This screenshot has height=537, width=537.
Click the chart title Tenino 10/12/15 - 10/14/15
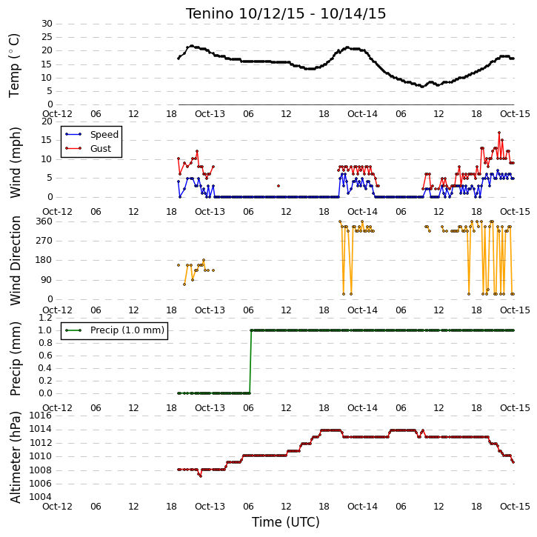[x=286, y=13]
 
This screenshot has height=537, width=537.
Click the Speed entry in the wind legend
[x=92, y=134]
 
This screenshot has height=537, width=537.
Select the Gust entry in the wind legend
[x=88, y=148]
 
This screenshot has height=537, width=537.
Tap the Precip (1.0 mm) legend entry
[x=115, y=330]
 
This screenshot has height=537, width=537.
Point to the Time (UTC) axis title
[x=286, y=522]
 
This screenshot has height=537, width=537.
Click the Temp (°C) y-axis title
[x=14, y=65]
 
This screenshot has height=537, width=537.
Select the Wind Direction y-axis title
[x=15, y=260]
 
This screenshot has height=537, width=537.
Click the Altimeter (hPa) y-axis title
[x=15, y=457]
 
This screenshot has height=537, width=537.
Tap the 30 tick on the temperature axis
[x=47, y=24]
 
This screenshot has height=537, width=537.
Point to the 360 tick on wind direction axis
[x=44, y=221]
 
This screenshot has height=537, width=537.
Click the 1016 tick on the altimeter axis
[x=41, y=416]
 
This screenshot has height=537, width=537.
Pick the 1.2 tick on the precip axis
[x=45, y=318]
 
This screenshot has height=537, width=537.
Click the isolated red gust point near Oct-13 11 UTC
[x=278, y=186]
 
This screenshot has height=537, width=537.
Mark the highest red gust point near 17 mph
[x=499, y=133]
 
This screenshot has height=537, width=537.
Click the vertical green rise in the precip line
[x=250, y=361]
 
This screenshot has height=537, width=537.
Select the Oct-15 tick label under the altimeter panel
[x=515, y=506]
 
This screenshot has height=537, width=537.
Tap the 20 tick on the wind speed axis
[x=47, y=121]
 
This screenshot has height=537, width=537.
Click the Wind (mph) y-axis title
[x=15, y=162]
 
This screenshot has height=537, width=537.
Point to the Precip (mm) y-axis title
[x=15, y=359]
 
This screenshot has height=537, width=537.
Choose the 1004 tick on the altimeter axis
[x=41, y=496]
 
